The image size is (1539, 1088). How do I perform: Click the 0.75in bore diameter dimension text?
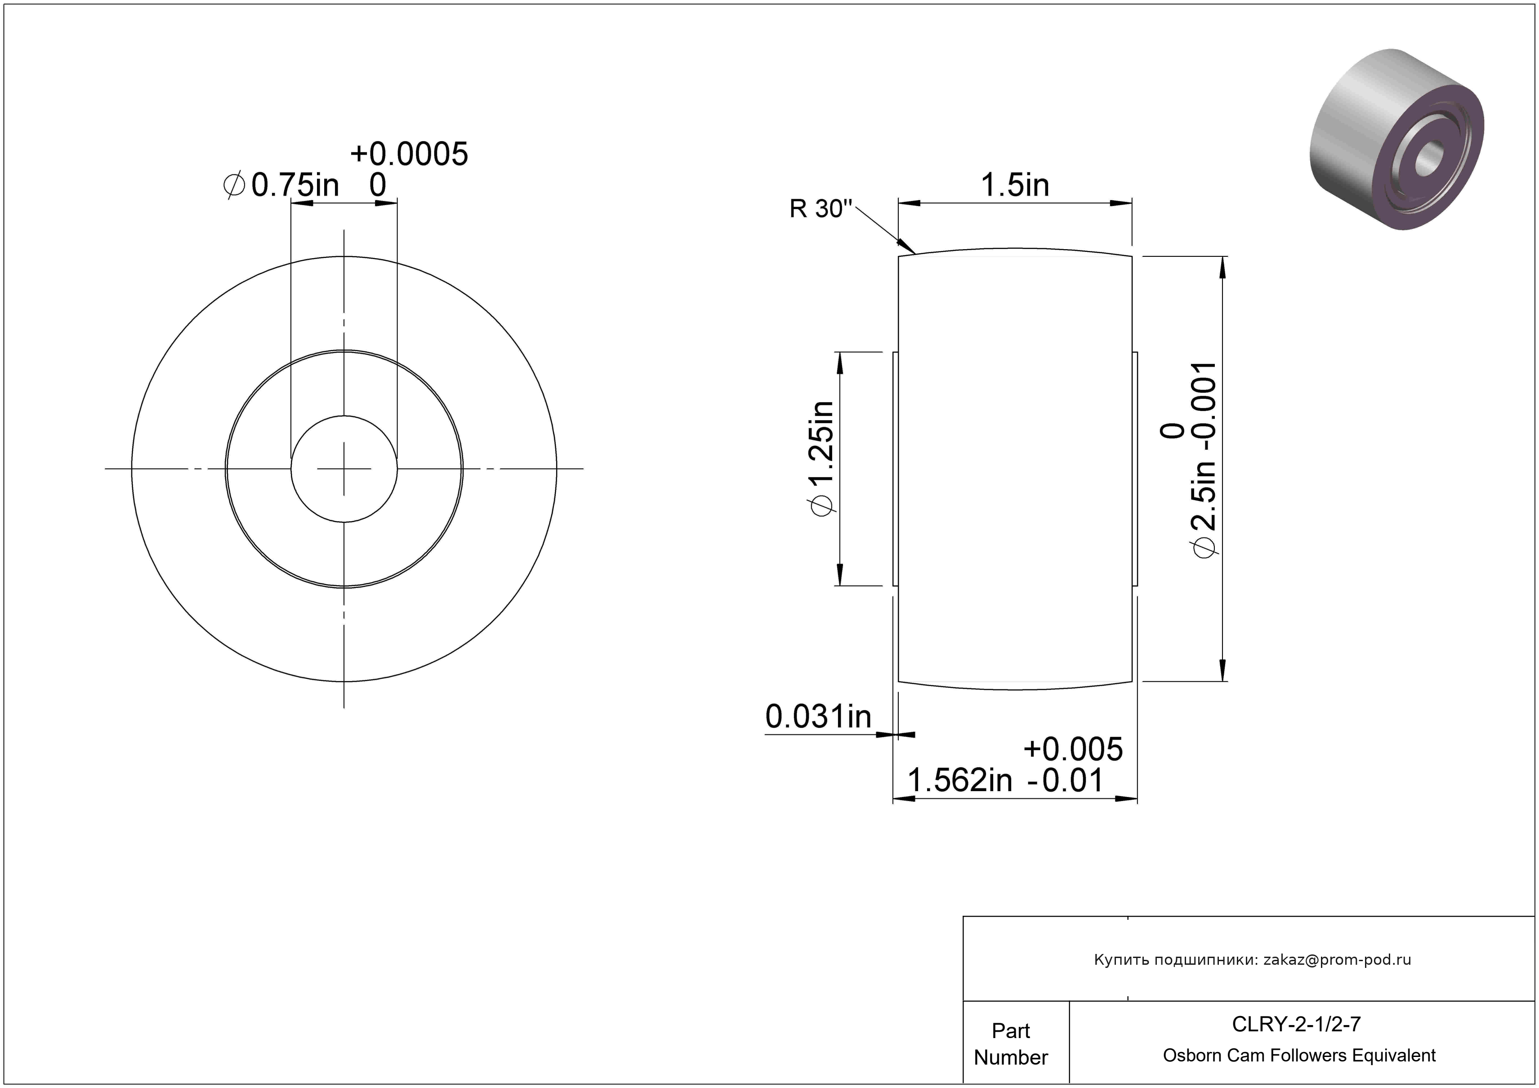[x=295, y=185]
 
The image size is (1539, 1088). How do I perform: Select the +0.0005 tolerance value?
[x=409, y=154]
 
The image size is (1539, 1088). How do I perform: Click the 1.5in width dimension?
[x=1015, y=185]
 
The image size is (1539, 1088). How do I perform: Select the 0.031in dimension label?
[x=818, y=716]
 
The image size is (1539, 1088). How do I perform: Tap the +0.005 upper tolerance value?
[x=1073, y=749]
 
